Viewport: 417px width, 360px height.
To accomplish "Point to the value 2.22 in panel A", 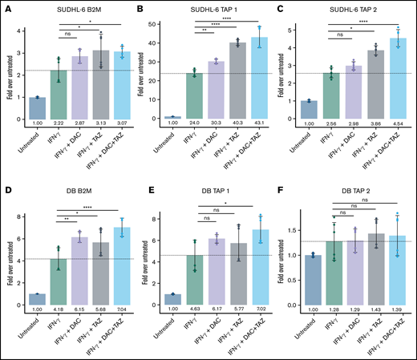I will pyautogui.click(x=59, y=123).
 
